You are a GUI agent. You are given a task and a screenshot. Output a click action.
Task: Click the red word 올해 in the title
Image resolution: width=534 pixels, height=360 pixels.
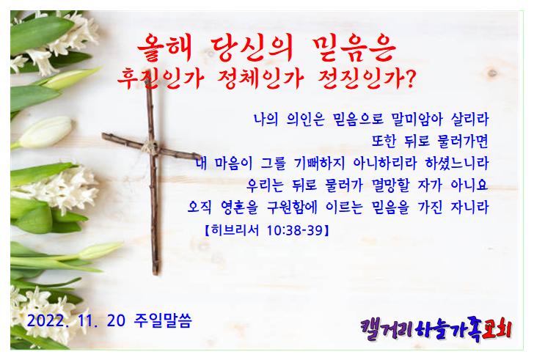[x=165, y=48]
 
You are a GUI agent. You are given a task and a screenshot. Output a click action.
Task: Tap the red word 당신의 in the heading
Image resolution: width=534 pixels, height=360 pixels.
[x=252, y=48]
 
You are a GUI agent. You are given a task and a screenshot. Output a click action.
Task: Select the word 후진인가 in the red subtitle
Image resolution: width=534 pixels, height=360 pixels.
[x=161, y=78]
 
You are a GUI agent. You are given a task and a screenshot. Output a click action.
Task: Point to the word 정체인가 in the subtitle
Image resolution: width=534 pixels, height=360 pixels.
[x=260, y=79]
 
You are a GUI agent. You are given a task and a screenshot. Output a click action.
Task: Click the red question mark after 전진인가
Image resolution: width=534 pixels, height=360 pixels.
[x=411, y=78]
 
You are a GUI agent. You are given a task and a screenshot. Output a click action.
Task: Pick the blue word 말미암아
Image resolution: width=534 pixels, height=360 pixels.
[x=417, y=119]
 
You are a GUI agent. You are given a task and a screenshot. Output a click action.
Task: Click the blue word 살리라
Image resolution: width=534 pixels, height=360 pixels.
[x=470, y=119]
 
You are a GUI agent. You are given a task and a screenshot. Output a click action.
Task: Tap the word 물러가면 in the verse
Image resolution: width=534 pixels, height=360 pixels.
[x=458, y=141]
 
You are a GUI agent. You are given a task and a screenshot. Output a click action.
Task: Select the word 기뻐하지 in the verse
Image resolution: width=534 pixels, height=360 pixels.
[x=320, y=163]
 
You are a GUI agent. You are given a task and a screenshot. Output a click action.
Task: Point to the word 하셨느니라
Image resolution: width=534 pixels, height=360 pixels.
[x=458, y=163]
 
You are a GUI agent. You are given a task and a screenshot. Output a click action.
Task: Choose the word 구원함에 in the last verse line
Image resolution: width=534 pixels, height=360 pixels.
[x=292, y=207]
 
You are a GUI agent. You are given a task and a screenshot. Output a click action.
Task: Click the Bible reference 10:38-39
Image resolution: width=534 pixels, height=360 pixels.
[x=295, y=230]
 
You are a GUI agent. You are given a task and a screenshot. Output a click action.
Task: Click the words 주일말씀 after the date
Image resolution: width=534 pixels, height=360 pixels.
[x=163, y=320]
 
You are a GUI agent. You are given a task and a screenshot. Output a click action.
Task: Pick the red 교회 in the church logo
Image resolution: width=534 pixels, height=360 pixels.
[x=497, y=329]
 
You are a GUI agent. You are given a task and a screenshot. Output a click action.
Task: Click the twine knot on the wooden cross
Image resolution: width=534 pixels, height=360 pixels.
[x=151, y=147]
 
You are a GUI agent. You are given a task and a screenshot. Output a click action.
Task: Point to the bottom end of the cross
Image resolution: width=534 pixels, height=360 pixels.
[x=156, y=273]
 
